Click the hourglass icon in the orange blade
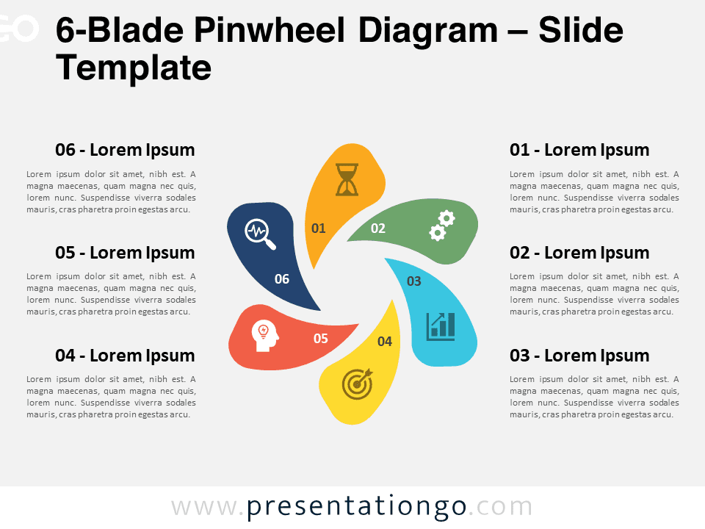pyautogui.click(x=347, y=179)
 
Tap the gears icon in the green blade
pyautogui.click(x=442, y=226)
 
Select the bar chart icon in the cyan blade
pyautogui.click(x=441, y=326)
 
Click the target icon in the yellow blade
pyautogui.click(x=358, y=384)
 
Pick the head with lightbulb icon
pyautogui.click(x=265, y=336)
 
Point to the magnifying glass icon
pyautogui.click(x=260, y=234)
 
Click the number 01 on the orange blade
pyautogui.click(x=318, y=228)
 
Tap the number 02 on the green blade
pyautogui.click(x=378, y=228)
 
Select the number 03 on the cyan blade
pyautogui.click(x=414, y=281)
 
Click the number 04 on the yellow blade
pyautogui.click(x=385, y=342)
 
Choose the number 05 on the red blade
pyautogui.click(x=321, y=339)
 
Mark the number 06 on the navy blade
pyautogui.click(x=282, y=279)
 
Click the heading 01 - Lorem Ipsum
pyautogui.click(x=579, y=150)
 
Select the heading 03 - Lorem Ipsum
pyautogui.click(x=579, y=356)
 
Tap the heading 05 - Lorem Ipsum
pyautogui.click(x=125, y=253)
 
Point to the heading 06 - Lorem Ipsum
pyautogui.click(x=125, y=150)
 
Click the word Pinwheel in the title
pyautogui.click(x=270, y=30)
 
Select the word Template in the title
pyautogui.click(x=134, y=68)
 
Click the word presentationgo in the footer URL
pyautogui.click(x=356, y=508)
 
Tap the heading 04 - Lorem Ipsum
pyautogui.click(x=125, y=356)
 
